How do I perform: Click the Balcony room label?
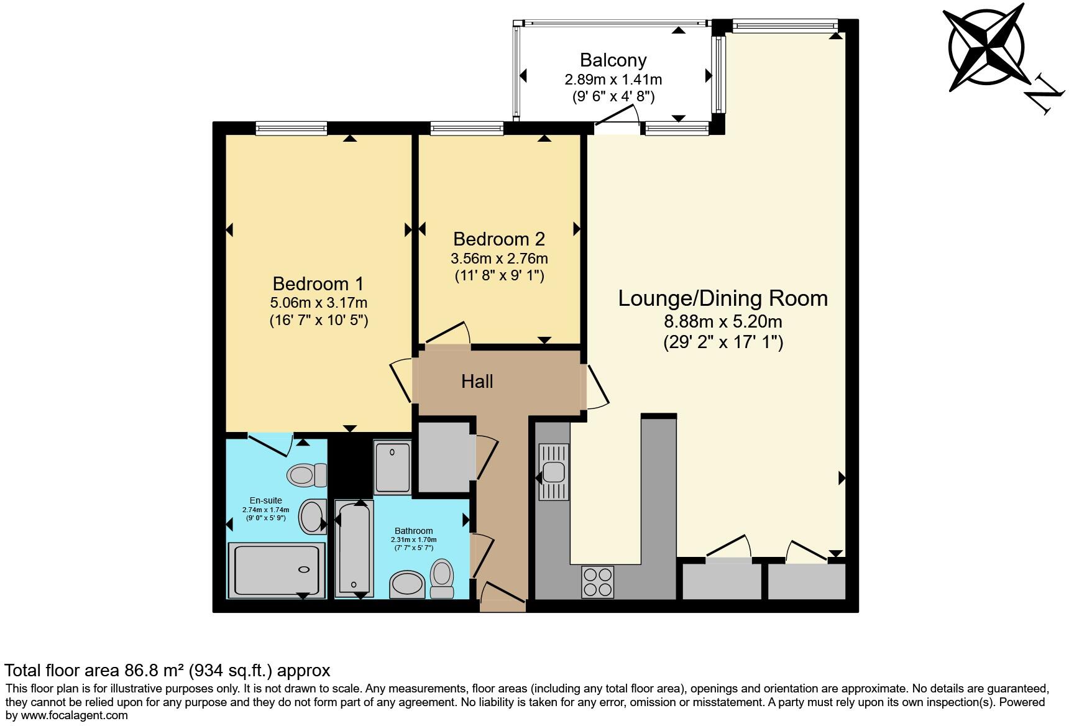pos(613,60)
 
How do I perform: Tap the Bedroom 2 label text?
pos(498,239)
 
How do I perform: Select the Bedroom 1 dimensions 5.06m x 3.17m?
pos(318,303)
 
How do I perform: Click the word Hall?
pos(477,381)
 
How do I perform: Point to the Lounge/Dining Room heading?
pos(722,298)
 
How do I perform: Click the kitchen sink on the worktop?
pos(553,472)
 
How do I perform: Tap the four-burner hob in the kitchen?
pos(598,582)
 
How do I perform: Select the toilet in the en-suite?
pos(307,476)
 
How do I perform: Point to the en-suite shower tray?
pos(277,569)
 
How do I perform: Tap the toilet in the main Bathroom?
pos(442,578)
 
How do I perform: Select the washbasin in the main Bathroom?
pos(408,584)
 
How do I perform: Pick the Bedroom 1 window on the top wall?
pos(291,129)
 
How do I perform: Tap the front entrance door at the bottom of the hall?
pos(502,594)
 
